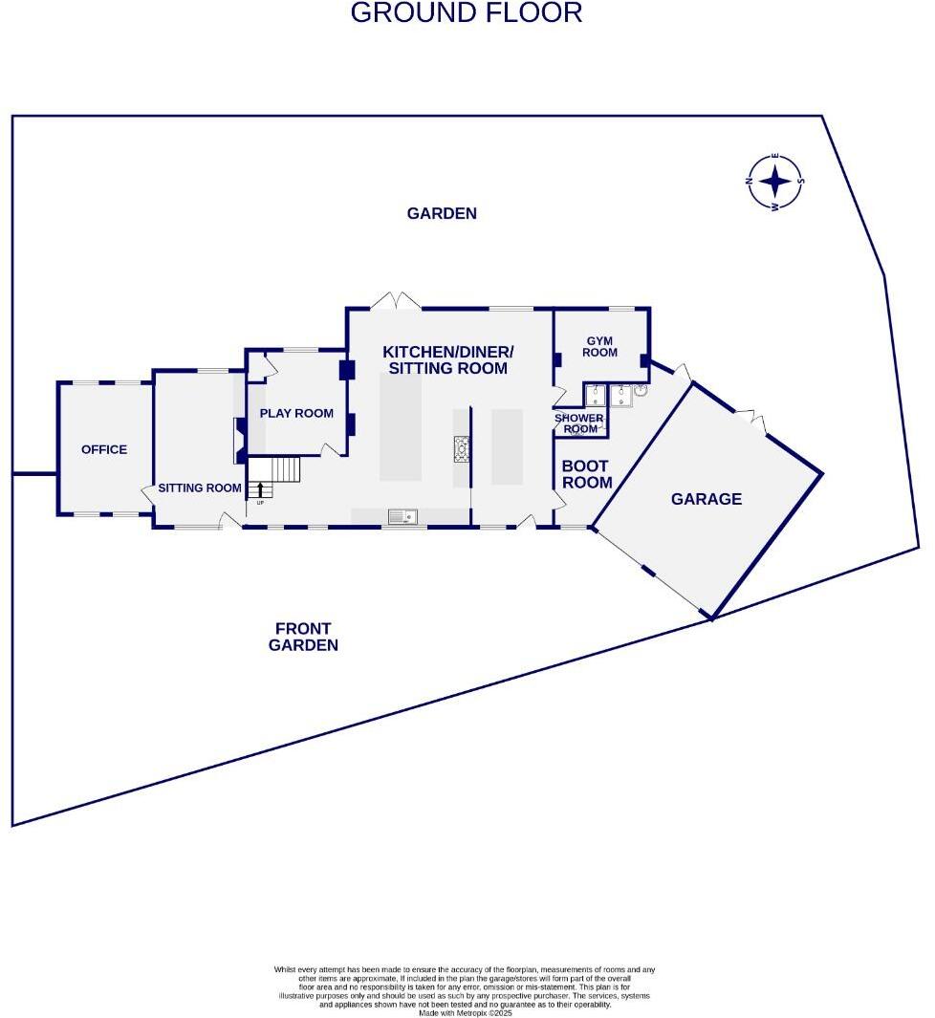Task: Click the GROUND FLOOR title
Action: pyautogui.click(x=467, y=13)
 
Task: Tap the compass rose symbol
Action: pyautogui.click(x=775, y=181)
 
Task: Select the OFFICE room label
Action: pyautogui.click(x=104, y=449)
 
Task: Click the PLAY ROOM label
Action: pyautogui.click(x=296, y=413)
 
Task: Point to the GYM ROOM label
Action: pyautogui.click(x=601, y=347)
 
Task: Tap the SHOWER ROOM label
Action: pyautogui.click(x=579, y=423)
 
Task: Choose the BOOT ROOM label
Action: pyautogui.click(x=586, y=474)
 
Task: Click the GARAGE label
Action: pyautogui.click(x=706, y=499)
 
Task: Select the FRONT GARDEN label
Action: pyautogui.click(x=303, y=637)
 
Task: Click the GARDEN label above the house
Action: pyautogui.click(x=442, y=213)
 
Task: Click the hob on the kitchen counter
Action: pyautogui.click(x=462, y=447)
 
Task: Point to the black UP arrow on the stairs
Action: pyautogui.click(x=260, y=490)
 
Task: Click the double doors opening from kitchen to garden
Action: pyautogui.click(x=396, y=300)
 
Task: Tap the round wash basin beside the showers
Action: pyautogui.click(x=641, y=390)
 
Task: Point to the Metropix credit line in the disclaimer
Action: pyautogui.click(x=466, y=1012)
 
